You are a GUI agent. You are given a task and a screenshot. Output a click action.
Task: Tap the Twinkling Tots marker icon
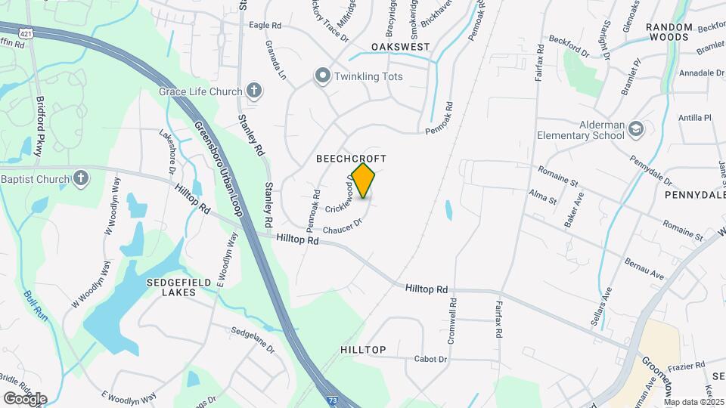(323, 76)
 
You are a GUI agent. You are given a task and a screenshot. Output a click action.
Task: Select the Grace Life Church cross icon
(254, 92)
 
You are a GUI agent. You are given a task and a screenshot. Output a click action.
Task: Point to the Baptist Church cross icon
(81, 179)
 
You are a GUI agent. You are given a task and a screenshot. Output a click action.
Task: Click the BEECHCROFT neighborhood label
(351, 159)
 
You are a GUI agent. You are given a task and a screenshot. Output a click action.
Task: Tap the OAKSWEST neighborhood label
(400, 47)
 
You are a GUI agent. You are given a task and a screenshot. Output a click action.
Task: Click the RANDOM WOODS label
(669, 32)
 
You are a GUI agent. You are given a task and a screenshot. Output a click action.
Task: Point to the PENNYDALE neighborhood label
(694, 195)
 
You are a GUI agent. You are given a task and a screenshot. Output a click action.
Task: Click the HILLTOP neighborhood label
(363, 350)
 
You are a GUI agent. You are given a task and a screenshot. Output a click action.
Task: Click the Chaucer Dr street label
(343, 225)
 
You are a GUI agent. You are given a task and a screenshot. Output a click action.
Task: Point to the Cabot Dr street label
(430, 359)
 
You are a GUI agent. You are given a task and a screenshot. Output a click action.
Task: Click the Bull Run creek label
(36, 305)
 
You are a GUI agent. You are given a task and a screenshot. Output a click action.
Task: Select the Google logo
(25, 398)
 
